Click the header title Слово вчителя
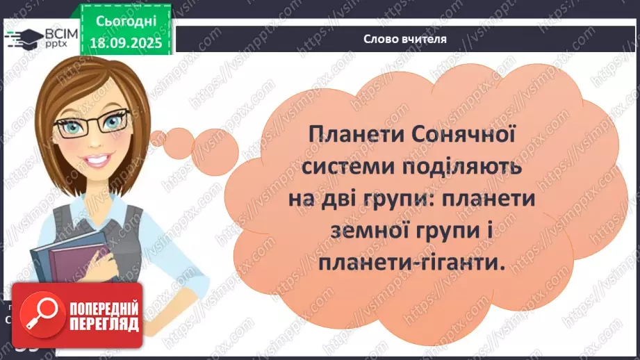coord(405,39)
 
